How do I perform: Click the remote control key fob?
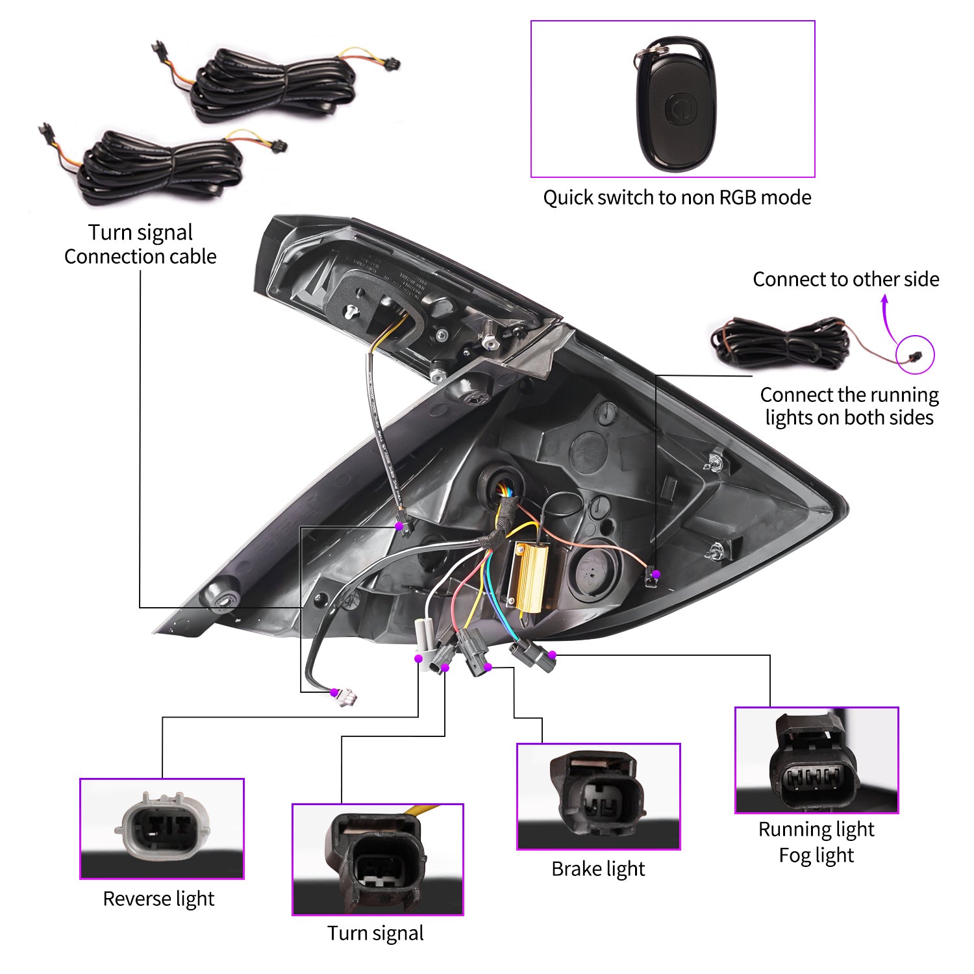pyautogui.click(x=675, y=104)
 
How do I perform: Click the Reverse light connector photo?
pyautogui.click(x=162, y=828)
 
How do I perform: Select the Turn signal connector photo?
pyautogui.click(x=377, y=859)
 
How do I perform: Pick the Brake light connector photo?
pyautogui.click(x=598, y=796)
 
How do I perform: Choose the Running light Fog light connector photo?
pyautogui.click(x=816, y=760)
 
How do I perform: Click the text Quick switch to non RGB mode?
pyautogui.click(x=677, y=197)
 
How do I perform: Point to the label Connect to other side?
pyautogui.click(x=845, y=279)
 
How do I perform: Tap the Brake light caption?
pyautogui.click(x=598, y=869)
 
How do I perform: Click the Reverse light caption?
pyautogui.click(x=158, y=899)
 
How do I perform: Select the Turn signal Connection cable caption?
pyautogui.click(x=140, y=244)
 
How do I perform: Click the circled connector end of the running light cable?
pyautogui.click(x=916, y=355)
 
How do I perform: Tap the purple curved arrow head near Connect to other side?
pyautogui.click(x=884, y=299)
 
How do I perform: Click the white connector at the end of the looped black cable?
pyautogui.click(x=345, y=697)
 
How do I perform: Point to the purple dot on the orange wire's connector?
pyautogui.click(x=656, y=574)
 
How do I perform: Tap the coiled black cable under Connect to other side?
pyautogui.click(x=779, y=342)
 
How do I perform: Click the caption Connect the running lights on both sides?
pyautogui.click(x=849, y=406)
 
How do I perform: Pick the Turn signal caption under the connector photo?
pyautogui.click(x=375, y=933)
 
